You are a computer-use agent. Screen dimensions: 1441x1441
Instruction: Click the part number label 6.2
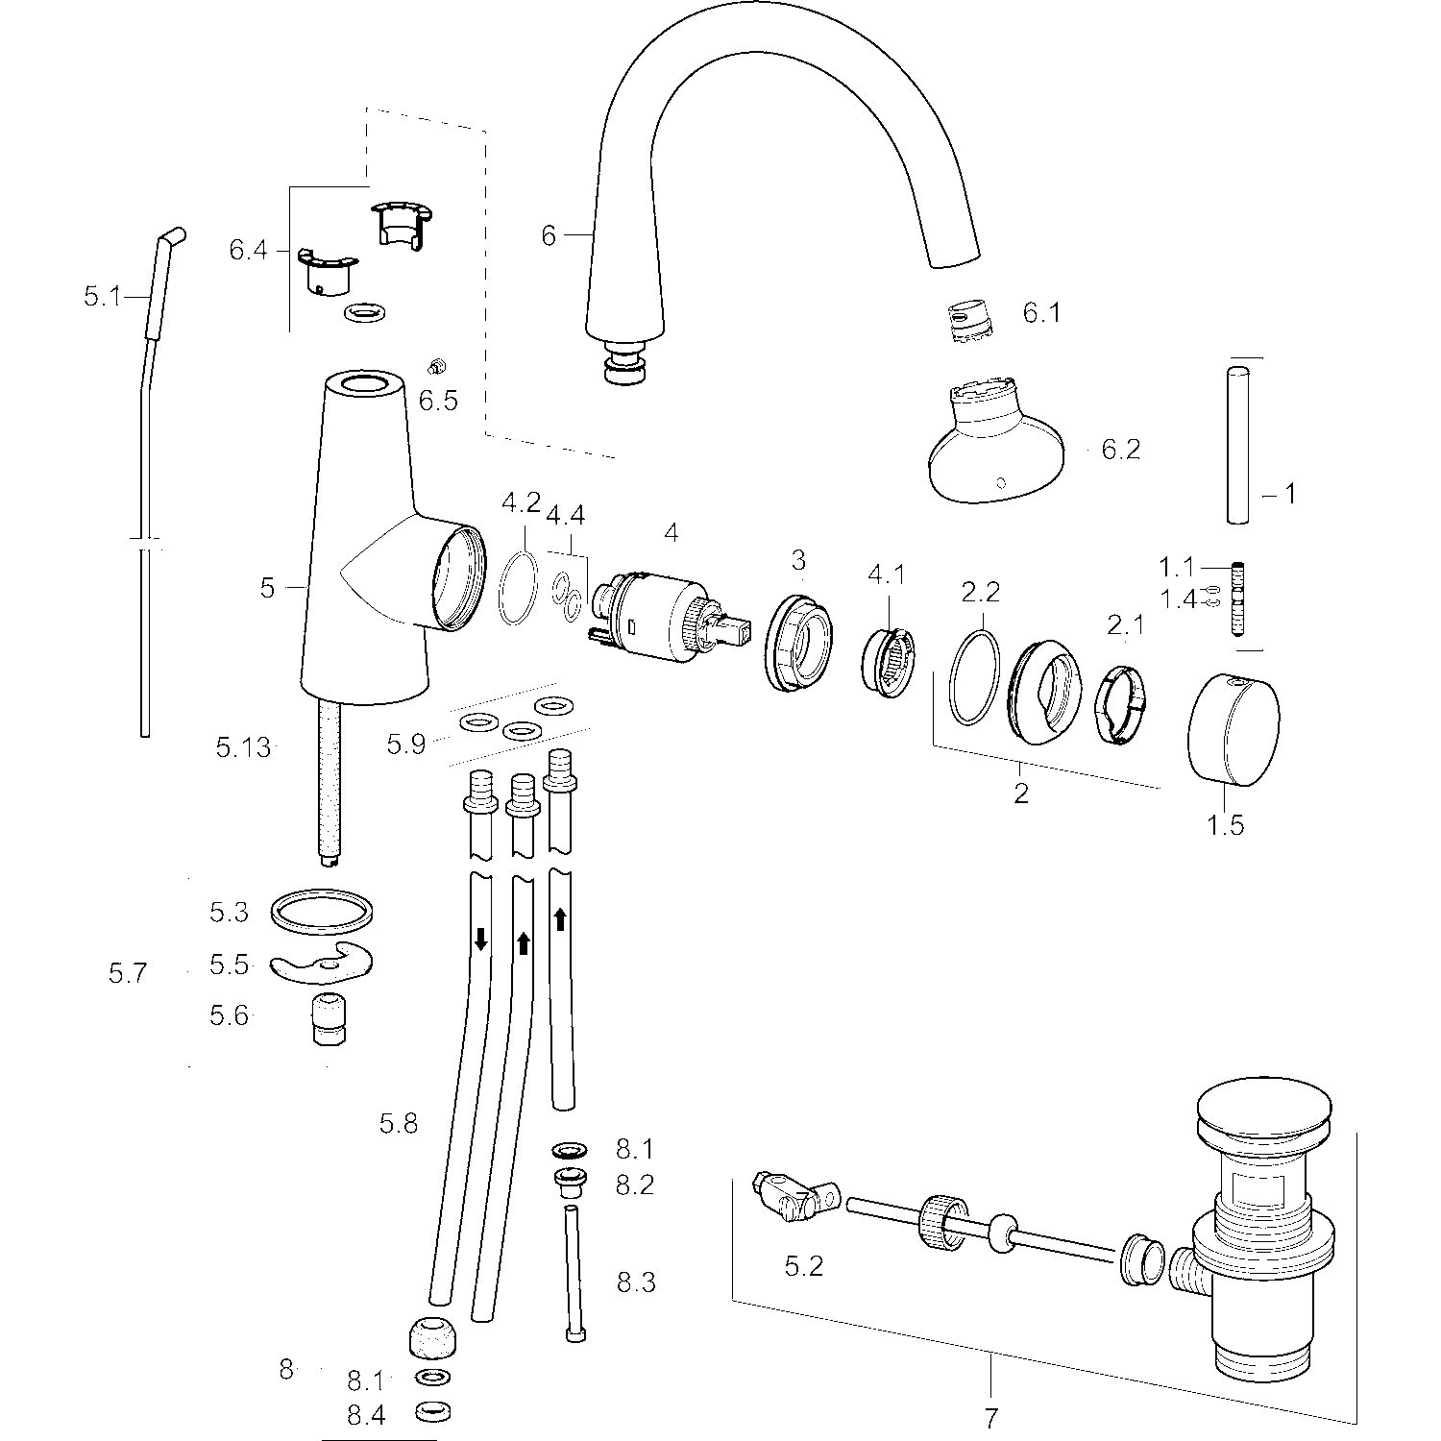click(x=1120, y=450)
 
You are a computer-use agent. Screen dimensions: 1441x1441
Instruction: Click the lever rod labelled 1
click(x=1239, y=443)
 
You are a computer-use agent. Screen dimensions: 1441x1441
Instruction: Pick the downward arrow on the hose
click(x=481, y=940)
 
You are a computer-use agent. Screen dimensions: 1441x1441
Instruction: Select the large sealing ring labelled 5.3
click(x=322, y=911)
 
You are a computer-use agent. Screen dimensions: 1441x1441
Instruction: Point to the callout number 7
click(x=991, y=1417)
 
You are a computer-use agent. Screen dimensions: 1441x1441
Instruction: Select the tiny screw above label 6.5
click(x=434, y=366)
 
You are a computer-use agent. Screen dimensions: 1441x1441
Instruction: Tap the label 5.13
click(x=244, y=746)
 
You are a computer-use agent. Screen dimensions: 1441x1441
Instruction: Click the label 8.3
click(x=636, y=1282)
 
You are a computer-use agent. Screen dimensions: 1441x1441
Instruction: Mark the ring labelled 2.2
click(x=974, y=676)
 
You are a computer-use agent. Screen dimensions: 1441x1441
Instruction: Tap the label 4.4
click(x=567, y=516)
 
